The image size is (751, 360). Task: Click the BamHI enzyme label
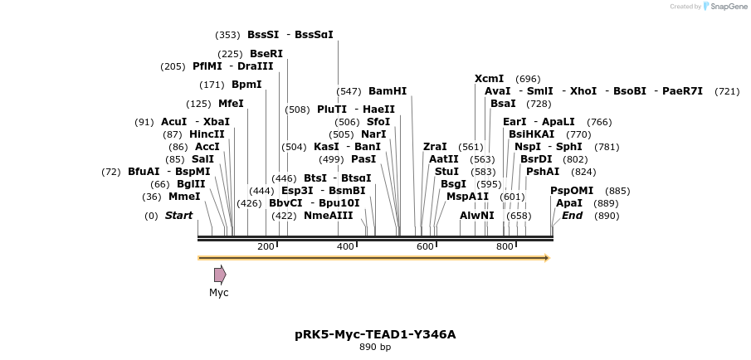point(388,91)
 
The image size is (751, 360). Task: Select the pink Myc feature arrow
point(220,275)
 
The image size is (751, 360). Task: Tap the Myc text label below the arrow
point(219,293)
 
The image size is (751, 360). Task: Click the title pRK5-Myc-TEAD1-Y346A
point(375,334)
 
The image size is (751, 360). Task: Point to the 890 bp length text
point(375,348)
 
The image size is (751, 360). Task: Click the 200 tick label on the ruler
point(266,246)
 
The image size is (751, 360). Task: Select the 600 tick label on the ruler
point(426,246)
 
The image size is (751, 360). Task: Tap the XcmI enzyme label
point(489,79)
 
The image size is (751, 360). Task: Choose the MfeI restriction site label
point(231,104)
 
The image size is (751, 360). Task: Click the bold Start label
point(178,216)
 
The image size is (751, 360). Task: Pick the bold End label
point(572,216)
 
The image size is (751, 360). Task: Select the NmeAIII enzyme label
point(329,216)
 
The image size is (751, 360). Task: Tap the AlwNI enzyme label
point(477,216)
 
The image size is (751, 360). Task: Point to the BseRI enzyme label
point(266,54)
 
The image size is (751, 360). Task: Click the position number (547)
point(349,91)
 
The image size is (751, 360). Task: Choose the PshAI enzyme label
point(543,172)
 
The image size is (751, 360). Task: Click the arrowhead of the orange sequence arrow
point(546,258)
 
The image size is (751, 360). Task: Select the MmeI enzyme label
point(184,197)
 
